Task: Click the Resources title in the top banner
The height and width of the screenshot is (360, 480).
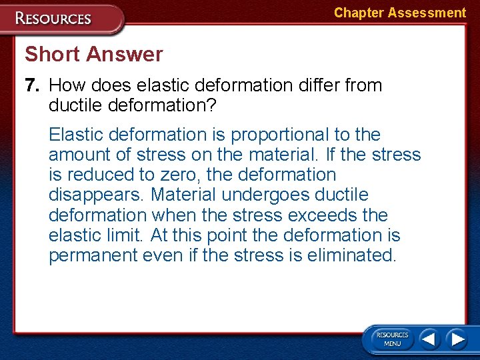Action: [54, 18]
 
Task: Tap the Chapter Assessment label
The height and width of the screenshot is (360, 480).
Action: [399, 13]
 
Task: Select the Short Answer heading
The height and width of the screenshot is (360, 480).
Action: [93, 54]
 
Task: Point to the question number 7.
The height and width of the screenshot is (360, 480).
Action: [32, 85]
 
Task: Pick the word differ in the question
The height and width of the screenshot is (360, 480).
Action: [313, 85]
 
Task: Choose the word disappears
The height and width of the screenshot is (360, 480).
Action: [97, 195]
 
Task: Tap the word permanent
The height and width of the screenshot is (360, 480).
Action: [93, 255]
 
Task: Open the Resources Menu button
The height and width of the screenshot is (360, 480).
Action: [392, 339]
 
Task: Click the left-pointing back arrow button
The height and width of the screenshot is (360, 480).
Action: [429, 339]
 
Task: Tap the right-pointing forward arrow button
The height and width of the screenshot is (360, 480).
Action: [457, 339]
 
